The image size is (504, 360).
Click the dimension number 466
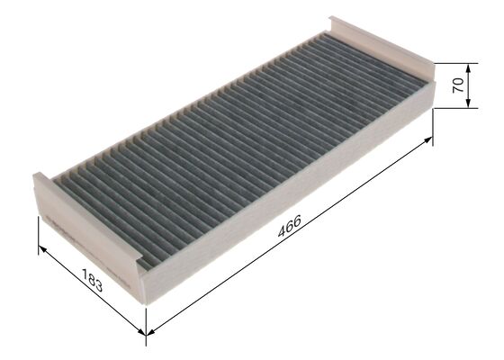pyautogui.click(x=289, y=227)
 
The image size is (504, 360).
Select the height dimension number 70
pyautogui.click(x=457, y=86)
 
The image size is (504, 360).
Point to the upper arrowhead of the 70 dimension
pyautogui.click(x=469, y=67)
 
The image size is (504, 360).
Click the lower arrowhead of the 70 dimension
pyautogui.click(x=469, y=104)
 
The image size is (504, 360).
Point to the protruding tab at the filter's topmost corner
pyautogui.click(x=335, y=22)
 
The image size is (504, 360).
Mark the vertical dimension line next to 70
pyautogui.click(x=469, y=85)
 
